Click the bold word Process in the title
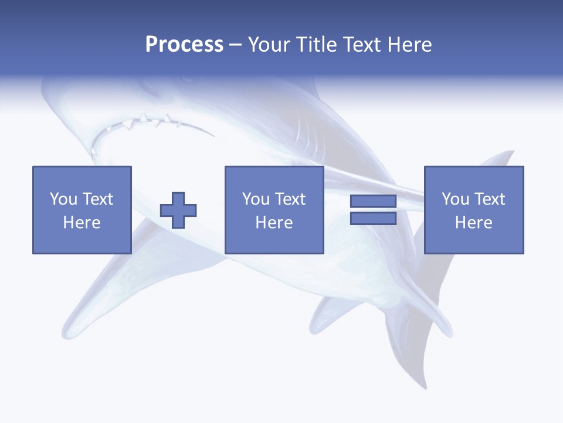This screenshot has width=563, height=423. coord(184,45)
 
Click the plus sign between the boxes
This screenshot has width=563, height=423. coord(178,210)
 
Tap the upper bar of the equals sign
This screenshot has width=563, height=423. coord(373,202)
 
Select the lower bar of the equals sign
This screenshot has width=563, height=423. coord(373,219)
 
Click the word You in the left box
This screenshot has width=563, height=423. coord(63,199)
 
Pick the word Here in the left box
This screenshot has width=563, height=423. coord(82,223)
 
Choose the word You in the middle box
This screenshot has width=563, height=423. coord(256,199)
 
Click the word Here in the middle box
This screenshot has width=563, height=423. coord(274,223)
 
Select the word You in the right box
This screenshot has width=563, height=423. coord(455,199)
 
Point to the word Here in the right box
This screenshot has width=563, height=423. coord(473,223)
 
